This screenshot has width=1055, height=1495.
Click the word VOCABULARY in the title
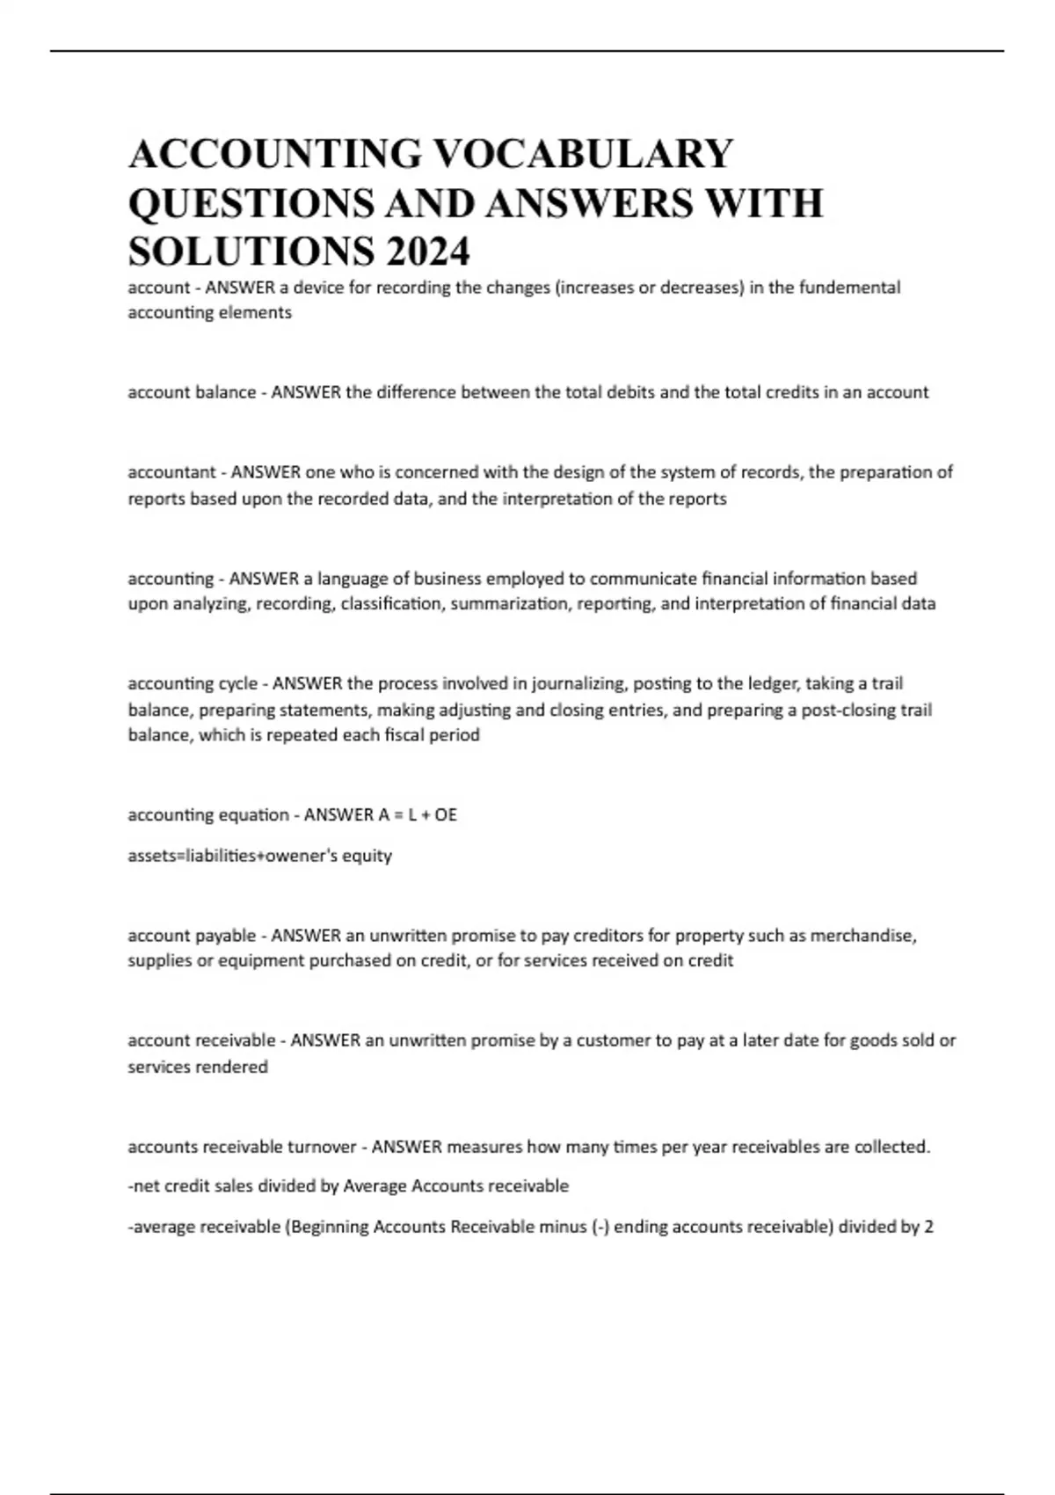pyautogui.click(x=584, y=154)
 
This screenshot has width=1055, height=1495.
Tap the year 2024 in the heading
pyautogui.click(x=426, y=252)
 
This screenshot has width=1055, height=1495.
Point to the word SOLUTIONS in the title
pyautogui.click(x=250, y=252)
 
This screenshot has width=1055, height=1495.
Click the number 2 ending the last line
pyautogui.click(x=928, y=1227)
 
